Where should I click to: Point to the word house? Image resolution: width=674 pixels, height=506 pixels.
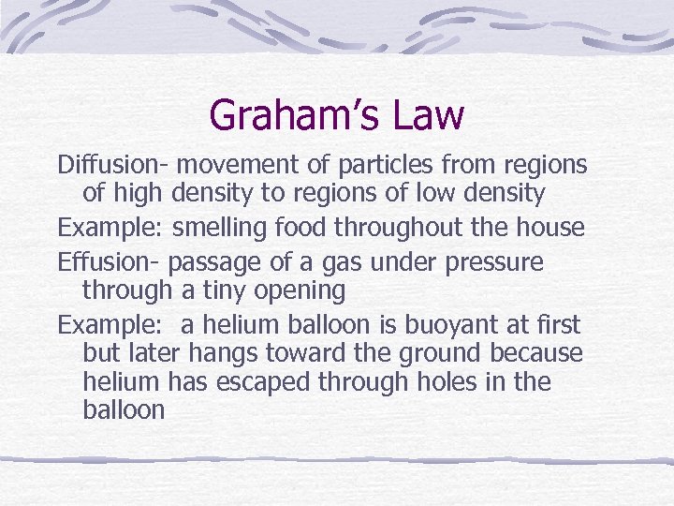point(551,227)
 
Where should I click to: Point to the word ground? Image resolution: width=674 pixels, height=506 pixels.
point(443,355)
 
